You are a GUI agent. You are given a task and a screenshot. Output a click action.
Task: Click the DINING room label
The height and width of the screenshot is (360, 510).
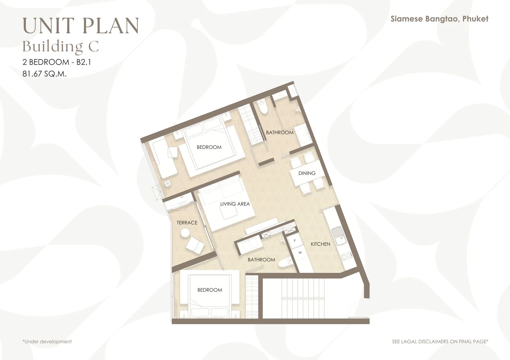point(307,173)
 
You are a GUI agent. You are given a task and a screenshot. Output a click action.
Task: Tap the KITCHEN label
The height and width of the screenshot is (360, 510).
point(321,244)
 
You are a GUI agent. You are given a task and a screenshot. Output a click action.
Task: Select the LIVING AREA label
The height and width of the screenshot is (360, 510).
point(235,204)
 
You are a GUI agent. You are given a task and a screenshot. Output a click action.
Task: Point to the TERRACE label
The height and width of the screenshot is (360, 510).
point(187,222)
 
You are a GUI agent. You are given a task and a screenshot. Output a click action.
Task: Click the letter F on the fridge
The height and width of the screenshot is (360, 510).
point(295,241)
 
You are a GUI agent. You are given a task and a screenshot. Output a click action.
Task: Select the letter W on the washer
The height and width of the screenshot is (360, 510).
point(300,252)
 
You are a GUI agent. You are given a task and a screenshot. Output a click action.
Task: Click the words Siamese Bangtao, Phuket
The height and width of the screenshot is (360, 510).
point(439,19)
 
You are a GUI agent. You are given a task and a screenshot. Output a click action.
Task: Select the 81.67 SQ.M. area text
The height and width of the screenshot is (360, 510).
point(44,74)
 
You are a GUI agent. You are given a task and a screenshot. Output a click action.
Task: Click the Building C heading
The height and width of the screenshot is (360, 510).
point(61,46)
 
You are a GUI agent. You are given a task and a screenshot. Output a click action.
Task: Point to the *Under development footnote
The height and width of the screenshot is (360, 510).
point(47,342)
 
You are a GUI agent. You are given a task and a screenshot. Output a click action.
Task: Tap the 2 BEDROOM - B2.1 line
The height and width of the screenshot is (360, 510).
point(57,62)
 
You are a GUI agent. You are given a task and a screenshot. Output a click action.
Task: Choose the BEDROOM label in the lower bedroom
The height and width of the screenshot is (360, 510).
point(210,290)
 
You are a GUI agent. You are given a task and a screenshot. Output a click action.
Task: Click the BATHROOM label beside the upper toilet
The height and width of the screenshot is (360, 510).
point(280,132)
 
